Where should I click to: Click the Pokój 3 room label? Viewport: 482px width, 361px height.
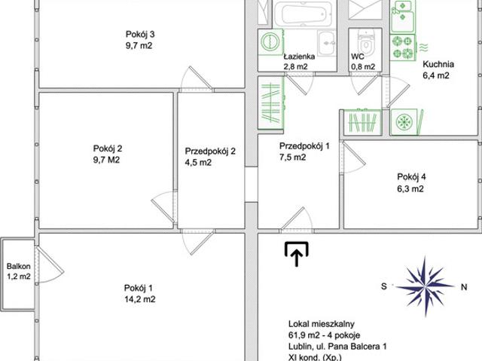(x=140, y=34)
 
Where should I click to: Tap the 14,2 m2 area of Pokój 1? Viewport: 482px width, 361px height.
(x=140, y=299)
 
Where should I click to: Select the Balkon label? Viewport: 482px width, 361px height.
(x=18, y=266)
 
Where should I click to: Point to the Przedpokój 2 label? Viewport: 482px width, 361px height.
(x=210, y=151)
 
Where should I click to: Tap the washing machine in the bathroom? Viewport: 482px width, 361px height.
(x=271, y=41)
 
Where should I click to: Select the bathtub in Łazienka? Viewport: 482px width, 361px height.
(x=304, y=14)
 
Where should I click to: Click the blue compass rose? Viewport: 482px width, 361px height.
(x=425, y=286)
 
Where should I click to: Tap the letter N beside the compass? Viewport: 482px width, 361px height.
(x=464, y=287)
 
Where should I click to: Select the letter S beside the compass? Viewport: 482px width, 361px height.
(x=384, y=286)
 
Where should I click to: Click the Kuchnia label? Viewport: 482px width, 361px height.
(x=438, y=64)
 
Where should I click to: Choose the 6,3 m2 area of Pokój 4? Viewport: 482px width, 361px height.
(x=410, y=188)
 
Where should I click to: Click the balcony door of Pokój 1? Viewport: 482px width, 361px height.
(x=48, y=265)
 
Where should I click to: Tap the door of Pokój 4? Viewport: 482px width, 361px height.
(x=353, y=158)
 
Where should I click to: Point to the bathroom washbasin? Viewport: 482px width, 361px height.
(x=326, y=43)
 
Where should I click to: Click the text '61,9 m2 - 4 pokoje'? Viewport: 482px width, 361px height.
(x=324, y=335)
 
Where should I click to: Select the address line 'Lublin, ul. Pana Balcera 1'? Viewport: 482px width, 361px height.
(x=337, y=347)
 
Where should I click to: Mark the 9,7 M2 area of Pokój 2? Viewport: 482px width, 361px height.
(x=106, y=160)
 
